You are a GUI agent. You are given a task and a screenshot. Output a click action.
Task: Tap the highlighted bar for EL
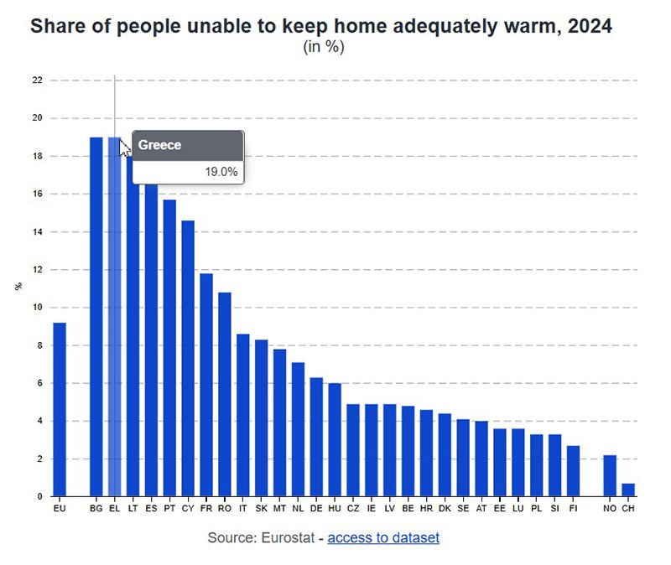point(115,335)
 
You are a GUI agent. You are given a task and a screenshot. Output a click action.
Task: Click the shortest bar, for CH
point(628,490)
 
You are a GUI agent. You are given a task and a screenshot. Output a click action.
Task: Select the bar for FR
point(206,385)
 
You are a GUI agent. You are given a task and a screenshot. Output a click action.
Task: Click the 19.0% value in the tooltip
point(221,172)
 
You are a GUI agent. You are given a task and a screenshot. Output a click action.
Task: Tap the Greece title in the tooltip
point(160,145)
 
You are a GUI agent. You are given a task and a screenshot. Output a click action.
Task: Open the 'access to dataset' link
point(383,537)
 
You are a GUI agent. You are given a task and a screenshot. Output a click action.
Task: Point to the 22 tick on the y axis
point(37,80)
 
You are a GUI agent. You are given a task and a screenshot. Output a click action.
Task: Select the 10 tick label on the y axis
point(37,308)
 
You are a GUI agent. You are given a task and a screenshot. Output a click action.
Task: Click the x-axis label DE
point(316,509)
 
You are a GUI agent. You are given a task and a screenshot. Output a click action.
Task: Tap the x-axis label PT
point(169,509)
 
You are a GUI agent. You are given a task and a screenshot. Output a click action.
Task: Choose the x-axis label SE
point(463,509)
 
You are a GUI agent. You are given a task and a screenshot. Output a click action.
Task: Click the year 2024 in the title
point(590,26)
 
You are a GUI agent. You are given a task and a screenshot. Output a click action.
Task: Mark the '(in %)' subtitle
point(324,47)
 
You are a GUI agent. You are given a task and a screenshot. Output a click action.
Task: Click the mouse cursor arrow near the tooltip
point(124,148)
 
